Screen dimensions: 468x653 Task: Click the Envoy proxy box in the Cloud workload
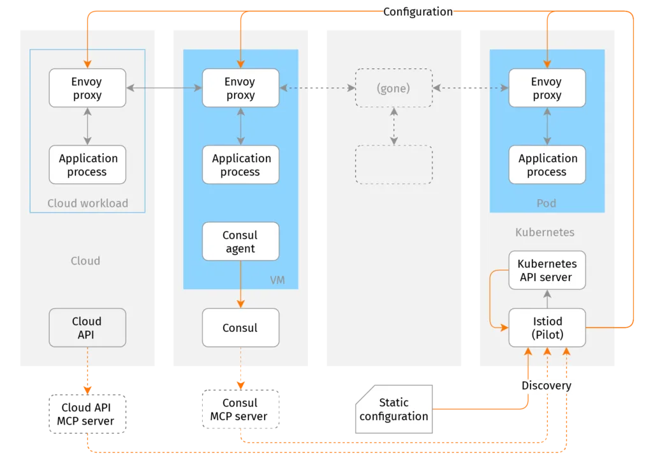87,88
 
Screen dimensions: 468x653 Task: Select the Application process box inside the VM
240,165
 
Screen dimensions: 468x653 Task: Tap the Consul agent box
240,241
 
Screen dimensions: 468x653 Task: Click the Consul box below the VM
240,328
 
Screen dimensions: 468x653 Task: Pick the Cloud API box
87,328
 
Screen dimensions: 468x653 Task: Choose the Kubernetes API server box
547,270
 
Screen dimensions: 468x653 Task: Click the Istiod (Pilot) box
547,328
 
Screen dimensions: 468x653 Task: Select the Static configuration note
393,409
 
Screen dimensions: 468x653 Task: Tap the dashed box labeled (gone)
393,88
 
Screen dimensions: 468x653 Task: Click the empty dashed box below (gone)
393,165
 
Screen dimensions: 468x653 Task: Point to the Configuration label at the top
418,11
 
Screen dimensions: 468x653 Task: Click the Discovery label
547,386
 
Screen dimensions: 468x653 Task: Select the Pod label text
547,203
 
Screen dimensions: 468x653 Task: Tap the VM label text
277,280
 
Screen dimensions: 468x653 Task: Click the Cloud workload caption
87,203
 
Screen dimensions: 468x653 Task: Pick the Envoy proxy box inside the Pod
547,88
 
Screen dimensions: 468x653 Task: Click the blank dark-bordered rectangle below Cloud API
87,413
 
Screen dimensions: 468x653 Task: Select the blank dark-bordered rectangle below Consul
240,409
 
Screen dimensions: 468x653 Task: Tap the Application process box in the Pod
547,165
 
